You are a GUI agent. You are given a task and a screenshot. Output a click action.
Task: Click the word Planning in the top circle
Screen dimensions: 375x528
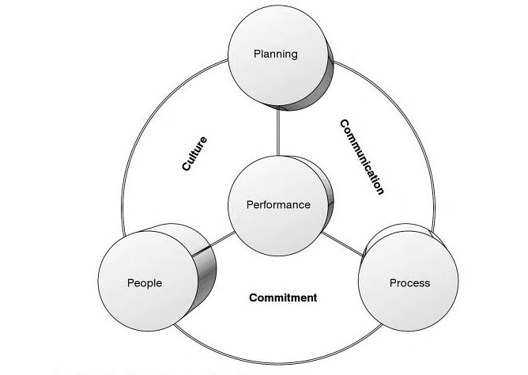point(275,54)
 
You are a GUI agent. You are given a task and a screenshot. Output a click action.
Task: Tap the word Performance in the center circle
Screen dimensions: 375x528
point(278,205)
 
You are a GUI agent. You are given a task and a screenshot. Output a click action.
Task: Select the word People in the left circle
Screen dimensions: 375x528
point(145,283)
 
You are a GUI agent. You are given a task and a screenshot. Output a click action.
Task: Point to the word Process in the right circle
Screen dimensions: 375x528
point(409,282)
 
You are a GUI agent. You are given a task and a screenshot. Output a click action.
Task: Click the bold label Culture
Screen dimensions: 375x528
point(194,154)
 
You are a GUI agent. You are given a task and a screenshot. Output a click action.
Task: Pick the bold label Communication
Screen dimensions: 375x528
point(361,157)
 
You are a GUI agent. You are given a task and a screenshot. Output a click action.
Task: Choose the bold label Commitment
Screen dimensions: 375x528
point(283,298)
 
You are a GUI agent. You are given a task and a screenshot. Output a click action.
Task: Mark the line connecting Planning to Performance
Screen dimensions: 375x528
point(278,132)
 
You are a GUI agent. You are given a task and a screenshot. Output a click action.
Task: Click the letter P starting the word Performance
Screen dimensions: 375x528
point(249,205)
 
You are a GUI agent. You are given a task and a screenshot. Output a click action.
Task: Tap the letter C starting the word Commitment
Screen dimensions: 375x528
point(253,298)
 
